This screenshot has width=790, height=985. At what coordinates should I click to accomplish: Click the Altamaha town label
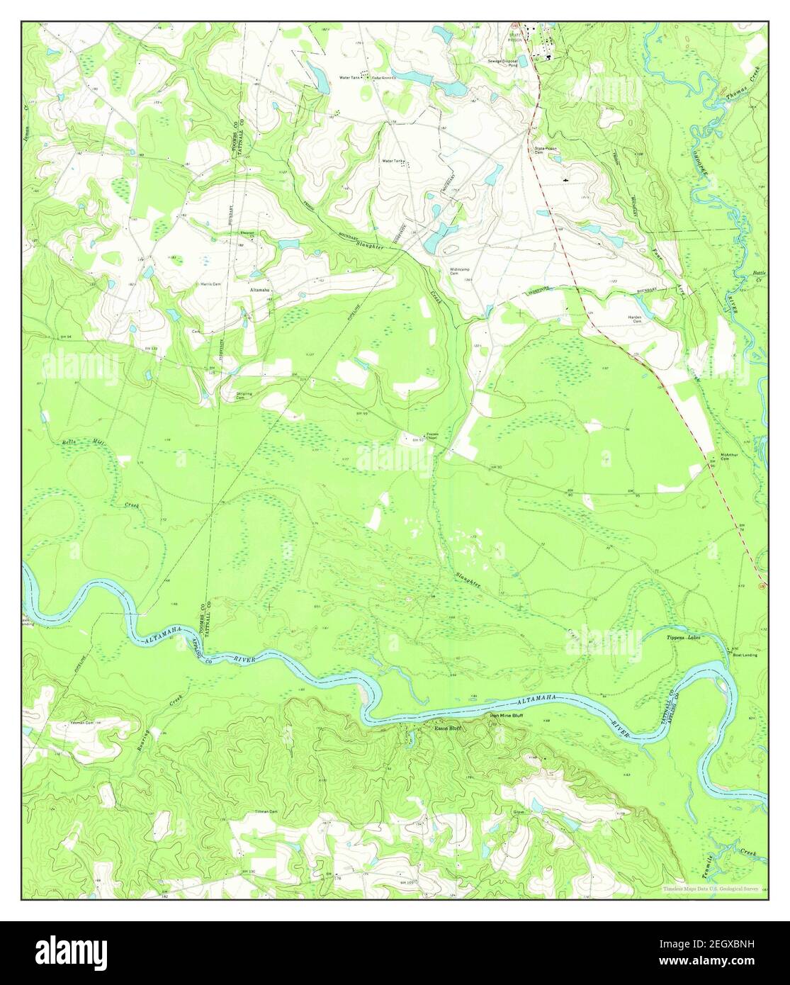pyautogui.click(x=259, y=291)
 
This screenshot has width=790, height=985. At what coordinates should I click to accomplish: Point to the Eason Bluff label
pyautogui.click(x=447, y=728)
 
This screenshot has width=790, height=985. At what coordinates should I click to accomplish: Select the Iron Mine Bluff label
pyautogui.click(x=507, y=716)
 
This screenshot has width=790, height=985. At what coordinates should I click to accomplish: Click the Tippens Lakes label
pyautogui.click(x=683, y=638)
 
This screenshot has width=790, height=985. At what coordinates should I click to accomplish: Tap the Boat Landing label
pyautogui.click(x=745, y=655)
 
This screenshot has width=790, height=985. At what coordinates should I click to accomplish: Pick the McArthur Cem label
pyautogui.click(x=730, y=456)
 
